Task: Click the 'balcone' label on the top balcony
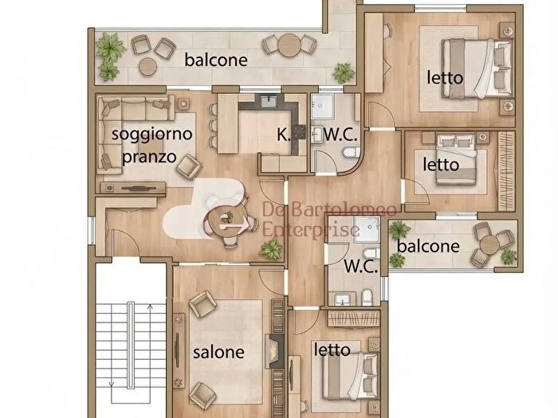click(x=215, y=60)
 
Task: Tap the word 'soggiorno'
click(x=151, y=133)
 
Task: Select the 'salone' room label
click(x=218, y=351)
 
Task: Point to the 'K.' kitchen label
click(x=284, y=135)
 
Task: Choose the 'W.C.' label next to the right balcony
click(x=360, y=267)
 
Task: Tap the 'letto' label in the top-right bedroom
click(x=443, y=78)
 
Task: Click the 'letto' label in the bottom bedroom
click(x=332, y=350)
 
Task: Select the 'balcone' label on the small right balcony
click(x=428, y=246)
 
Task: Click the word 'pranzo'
click(x=149, y=155)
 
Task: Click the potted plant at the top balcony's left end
click(x=108, y=50)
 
